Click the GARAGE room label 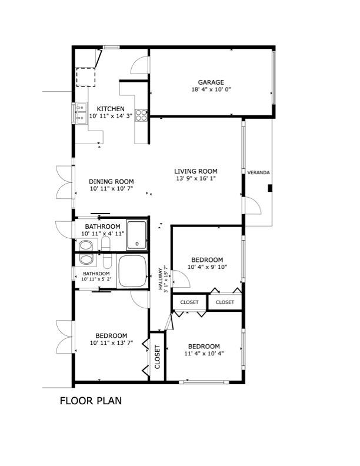pos(211,82)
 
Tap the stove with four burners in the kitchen pos(141,115)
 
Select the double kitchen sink pos(81,113)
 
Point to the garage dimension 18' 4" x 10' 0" pos(211,89)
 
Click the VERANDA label pos(258,172)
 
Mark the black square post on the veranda pos(270,188)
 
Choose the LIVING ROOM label pos(196,171)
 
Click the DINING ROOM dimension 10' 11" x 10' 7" pos(111,188)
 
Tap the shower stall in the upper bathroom pos(136,235)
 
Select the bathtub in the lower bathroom pos(132,271)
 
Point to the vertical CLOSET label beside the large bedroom pos(158,357)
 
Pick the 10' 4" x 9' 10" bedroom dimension pos(207,267)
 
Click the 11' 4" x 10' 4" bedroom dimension pos(204,354)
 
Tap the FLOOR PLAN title pos(91,401)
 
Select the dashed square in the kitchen pos(86,77)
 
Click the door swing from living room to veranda pos(252,206)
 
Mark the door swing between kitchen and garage pos(139,65)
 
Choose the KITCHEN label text pos(111,109)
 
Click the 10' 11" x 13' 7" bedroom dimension pos(111,342)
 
